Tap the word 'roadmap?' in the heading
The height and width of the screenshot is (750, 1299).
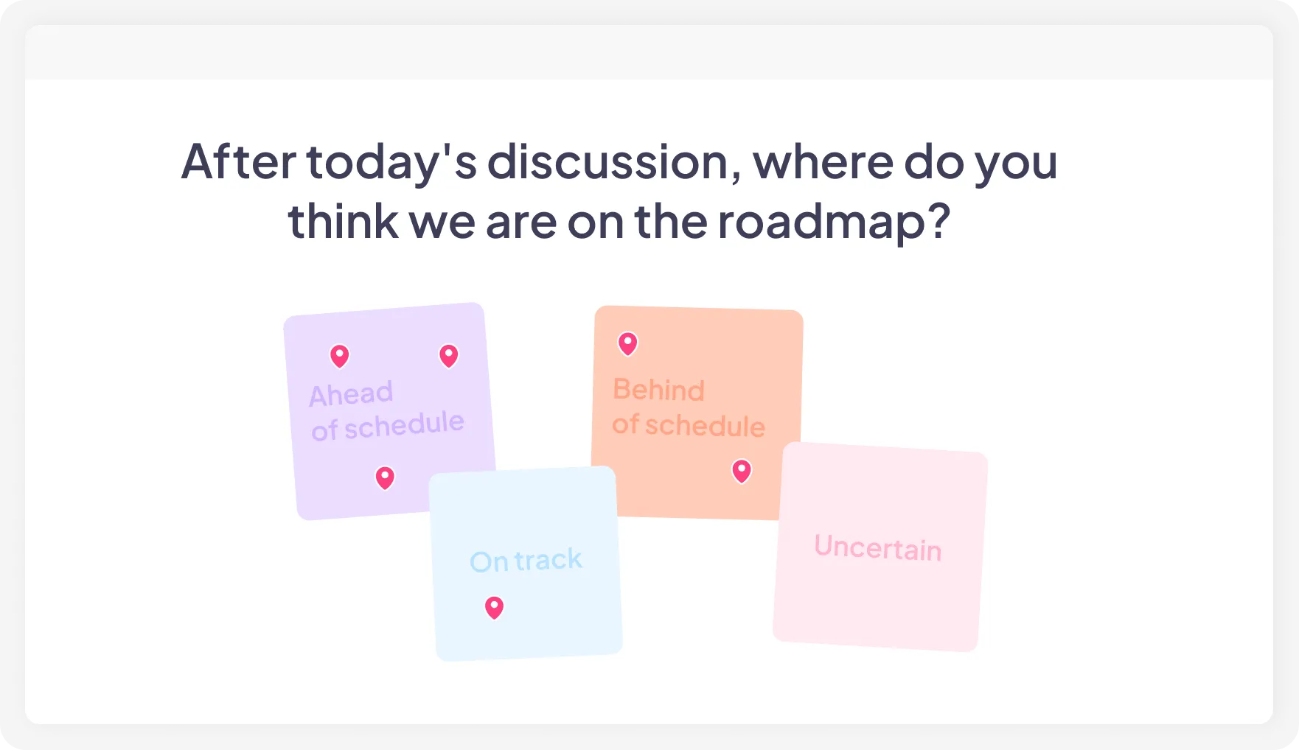[x=834, y=221]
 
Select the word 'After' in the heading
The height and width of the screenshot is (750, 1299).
[x=238, y=161]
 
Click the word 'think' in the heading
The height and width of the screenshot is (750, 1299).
[x=342, y=221]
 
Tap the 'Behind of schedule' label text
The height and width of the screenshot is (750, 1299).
[x=688, y=407]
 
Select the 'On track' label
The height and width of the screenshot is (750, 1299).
[x=526, y=561]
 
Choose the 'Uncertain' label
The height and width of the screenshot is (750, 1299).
[x=877, y=547]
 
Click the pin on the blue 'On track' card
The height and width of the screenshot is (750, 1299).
[x=494, y=607]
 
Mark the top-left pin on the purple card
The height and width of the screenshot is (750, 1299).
[x=339, y=356]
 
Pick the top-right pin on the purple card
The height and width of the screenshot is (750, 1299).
[x=448, y=355]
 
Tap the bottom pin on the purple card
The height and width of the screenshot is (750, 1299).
[x=385, y=477]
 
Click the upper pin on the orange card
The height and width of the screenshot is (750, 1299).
[x=627, y=343]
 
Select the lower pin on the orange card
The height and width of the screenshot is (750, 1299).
[x=742, y=470]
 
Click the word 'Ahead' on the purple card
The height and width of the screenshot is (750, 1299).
[x=351, y=394]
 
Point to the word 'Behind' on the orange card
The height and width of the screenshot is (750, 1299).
[x=658, y=390]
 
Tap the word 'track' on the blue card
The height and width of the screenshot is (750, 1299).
[x=548, y=559]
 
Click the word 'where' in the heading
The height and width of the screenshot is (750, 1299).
[x=823, y=161]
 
